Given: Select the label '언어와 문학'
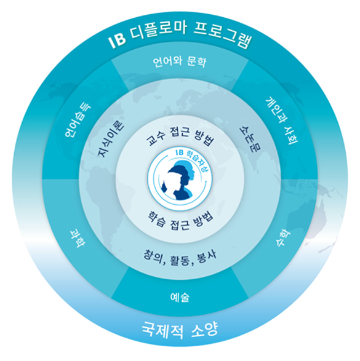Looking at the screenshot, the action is point(180,61).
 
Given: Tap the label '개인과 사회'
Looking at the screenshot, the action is point(281,121).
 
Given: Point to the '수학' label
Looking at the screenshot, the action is point(283,238).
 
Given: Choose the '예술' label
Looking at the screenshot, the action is point(180,297).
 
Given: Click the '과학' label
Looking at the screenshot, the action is point(77,238).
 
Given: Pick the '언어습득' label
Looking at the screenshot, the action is point(78,120).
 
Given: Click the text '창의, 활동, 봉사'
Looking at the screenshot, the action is point(180,258).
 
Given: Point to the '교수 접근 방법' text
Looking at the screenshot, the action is point(180,137).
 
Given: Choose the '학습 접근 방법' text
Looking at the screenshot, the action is point(180,221).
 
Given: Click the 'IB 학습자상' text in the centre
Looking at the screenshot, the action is point(190,157).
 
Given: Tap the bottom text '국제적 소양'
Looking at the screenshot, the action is point(180,330).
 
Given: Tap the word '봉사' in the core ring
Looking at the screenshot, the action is point(207,256).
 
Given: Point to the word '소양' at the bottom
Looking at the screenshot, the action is point(204,330).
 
